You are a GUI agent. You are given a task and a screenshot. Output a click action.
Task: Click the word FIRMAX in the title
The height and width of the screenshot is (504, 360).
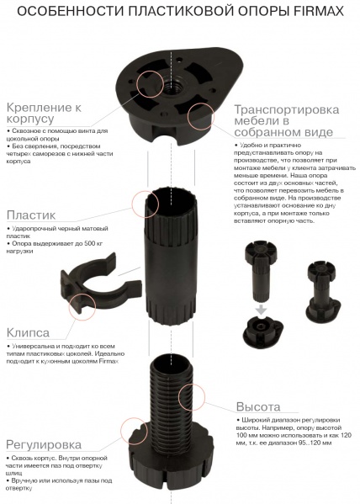click(x=319, y=12)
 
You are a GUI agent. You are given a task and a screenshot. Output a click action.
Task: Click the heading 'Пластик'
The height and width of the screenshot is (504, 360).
click(x=31, y=215)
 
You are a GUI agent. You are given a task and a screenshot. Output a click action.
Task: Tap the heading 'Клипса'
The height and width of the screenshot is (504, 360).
click(x=28, y=332)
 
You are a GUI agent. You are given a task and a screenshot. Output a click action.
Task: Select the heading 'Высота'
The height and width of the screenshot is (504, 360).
click(x=258, y=406)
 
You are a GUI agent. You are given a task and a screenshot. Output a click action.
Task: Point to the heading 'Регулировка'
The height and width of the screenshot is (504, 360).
click(x=44, y=445)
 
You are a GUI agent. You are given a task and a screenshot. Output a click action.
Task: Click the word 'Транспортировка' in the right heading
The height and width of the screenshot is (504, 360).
click(x=286, y=109)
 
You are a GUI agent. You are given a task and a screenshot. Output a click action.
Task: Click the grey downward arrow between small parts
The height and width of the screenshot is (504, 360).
click(x=262, y=310)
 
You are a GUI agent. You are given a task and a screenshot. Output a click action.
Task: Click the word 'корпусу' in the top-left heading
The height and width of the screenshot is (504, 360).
click(x=30, y=119)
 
